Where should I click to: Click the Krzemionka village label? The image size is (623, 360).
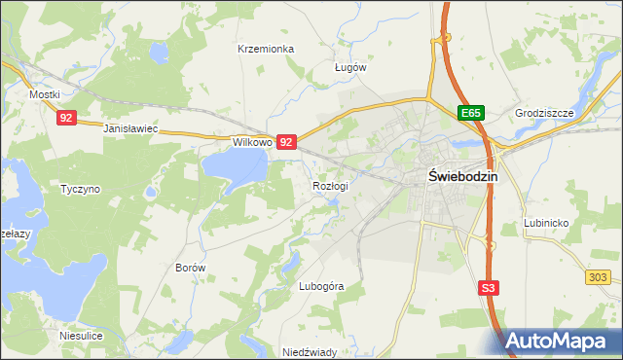tap(266, 48)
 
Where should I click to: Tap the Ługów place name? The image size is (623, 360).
tap(349, 67)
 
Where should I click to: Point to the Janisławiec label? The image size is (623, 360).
tap(130, 128)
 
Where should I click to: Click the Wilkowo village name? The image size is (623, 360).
tap(250, 142)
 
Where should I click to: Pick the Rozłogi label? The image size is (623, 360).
tap(330, 185)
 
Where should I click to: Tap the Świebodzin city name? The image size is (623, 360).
tap(463, 177)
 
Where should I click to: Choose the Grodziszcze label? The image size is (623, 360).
tap(545, 113)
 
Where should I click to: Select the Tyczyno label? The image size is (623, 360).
tap(80, 189)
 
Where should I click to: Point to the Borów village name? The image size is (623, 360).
tap(191, 267)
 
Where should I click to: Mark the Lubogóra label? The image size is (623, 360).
tap(321, 286)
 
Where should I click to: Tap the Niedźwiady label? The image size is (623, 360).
tap(309, 352)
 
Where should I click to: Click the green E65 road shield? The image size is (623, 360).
tap(472, 114)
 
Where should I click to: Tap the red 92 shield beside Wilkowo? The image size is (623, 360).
tap(286, 142)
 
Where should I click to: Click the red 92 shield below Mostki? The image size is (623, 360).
tap(66, 118)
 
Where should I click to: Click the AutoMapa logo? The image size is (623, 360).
tap(563, 341)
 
